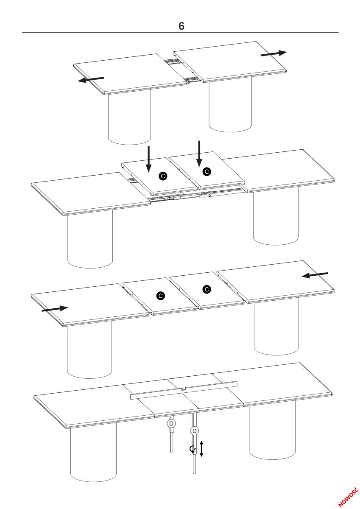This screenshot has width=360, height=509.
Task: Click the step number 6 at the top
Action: pos(181,26)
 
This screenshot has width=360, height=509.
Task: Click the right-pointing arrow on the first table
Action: pos(273,53)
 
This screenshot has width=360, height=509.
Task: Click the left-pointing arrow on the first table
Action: pos(91,79)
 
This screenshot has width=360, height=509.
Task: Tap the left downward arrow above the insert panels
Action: pos(148,159)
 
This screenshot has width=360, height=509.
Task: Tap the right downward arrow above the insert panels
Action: pos(199,154)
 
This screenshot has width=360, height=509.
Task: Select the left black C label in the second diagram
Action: pos(163,176)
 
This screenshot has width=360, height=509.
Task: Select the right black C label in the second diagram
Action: pos(207,171)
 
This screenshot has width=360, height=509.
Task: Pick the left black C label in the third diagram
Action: pos(161,296)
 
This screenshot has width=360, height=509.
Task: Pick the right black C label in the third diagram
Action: pos(207,289)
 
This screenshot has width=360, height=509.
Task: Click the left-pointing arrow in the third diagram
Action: pos(315,275)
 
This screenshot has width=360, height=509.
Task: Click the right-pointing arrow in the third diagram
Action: pos(55,309)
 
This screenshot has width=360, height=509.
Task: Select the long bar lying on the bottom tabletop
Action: pos(184,390)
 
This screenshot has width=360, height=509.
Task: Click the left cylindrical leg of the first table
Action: pos(129,117)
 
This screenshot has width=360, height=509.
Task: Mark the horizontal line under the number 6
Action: pos(180,32)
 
